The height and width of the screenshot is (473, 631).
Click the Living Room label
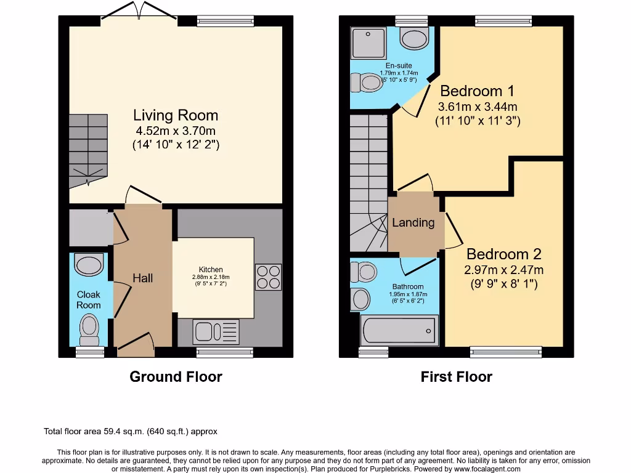(x=176, y=115)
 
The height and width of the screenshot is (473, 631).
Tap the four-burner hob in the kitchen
(x=267, y=277)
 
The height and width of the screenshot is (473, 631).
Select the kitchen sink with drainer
(x=216, y=333)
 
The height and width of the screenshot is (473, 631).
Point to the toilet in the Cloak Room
(x=89, y=329)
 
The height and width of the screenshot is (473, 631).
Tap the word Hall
(x=143, y=278)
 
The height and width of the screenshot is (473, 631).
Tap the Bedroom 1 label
(x=478, y=91)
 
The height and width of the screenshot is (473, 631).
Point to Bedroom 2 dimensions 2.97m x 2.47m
(x=503, y=270)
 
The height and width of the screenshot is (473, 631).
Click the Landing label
(x=413, y=223)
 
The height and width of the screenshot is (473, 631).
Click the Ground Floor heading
(x=176, y=376)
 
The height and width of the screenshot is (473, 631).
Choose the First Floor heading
(x=456, y=376)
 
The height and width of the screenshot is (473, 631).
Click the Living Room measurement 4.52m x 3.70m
(x=176, y=131)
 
